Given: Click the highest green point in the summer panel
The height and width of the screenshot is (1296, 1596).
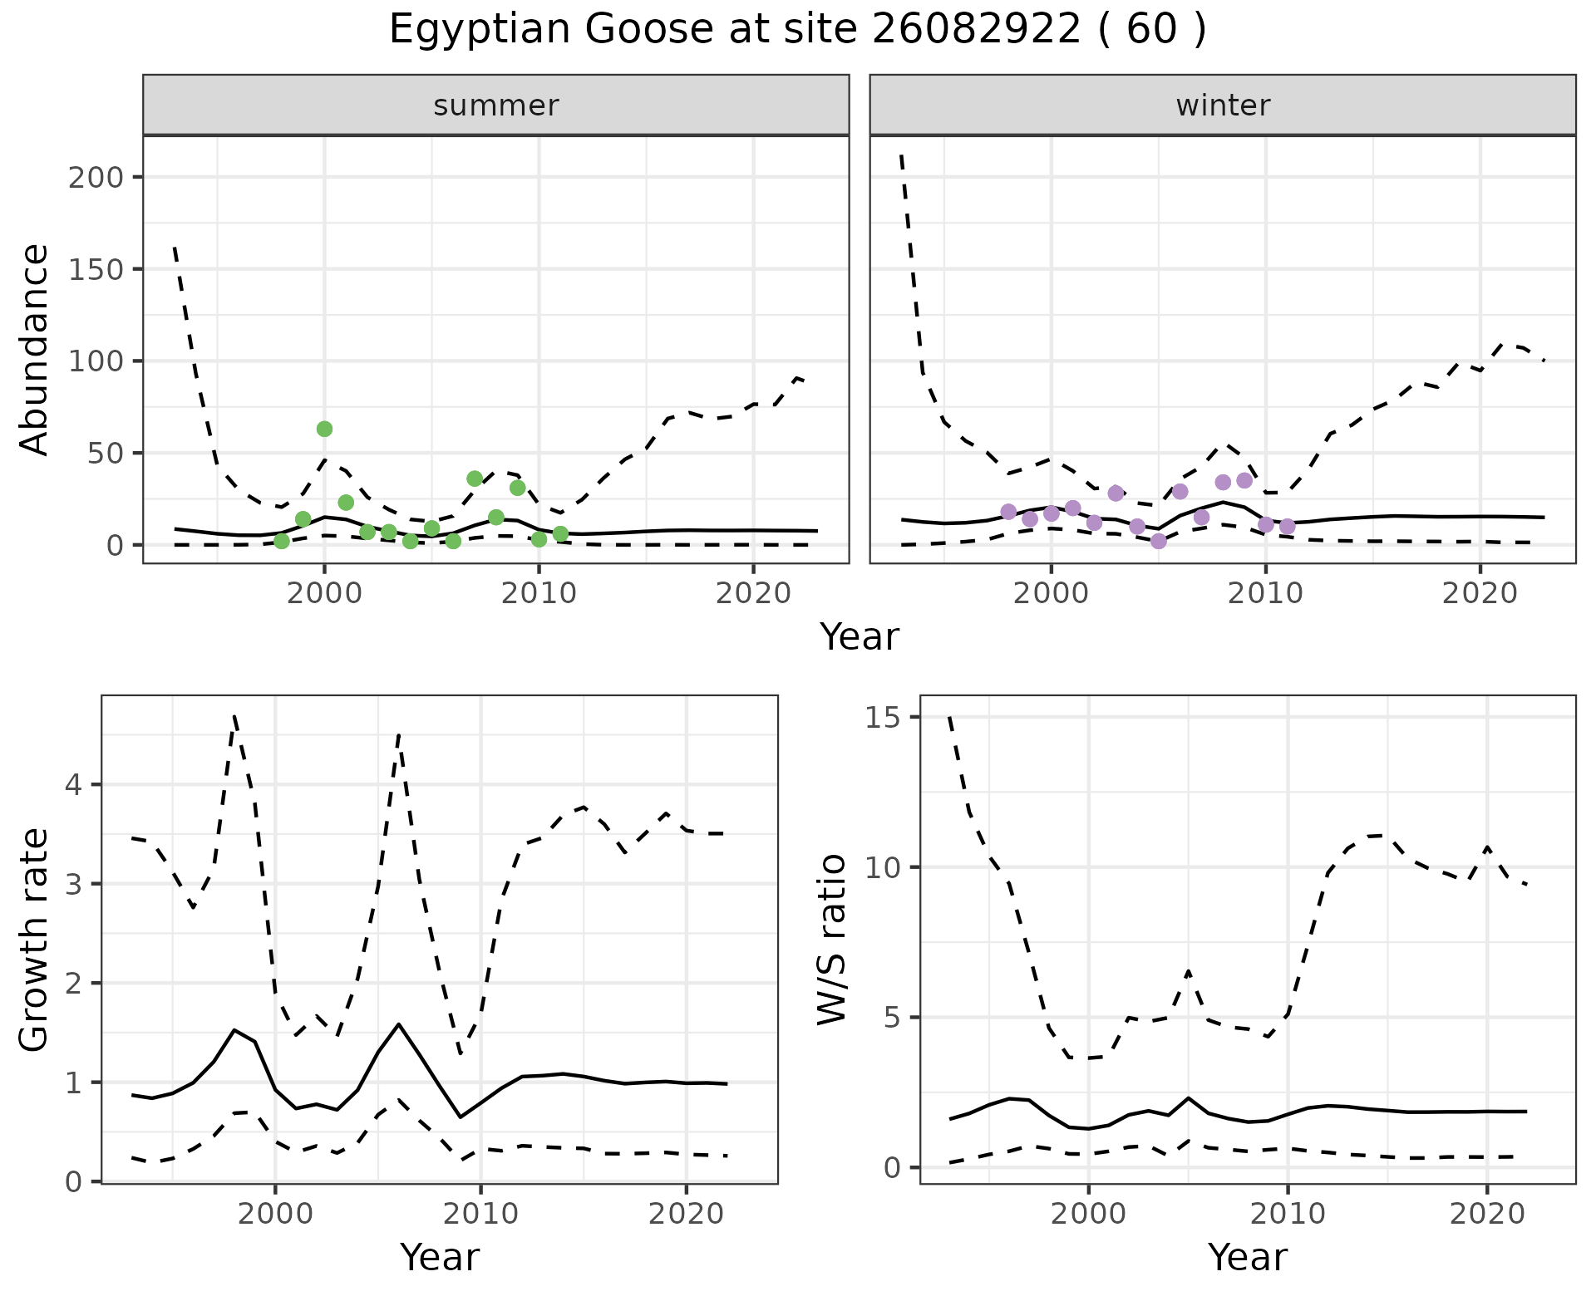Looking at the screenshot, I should (324, 429).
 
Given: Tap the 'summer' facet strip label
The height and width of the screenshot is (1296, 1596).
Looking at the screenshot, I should (496, 106).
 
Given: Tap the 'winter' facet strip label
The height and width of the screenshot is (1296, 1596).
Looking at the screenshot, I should (1223, 106).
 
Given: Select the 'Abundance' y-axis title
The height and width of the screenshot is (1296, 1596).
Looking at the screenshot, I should (35, 349).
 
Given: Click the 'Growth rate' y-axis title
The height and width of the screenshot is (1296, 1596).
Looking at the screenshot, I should (35, 940).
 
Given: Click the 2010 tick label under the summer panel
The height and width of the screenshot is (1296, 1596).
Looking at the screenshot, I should (539, 594).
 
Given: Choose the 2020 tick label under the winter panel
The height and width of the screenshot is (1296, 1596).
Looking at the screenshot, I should (1480, 594).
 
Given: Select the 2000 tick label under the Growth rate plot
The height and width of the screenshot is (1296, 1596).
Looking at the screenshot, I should (276, 1214).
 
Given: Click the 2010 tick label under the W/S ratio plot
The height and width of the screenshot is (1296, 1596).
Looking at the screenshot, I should (1288, 1214).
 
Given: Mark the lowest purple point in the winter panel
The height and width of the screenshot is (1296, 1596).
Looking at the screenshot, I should (1159, 541).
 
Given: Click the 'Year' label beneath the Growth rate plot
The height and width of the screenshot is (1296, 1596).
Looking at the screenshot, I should (440, 1257).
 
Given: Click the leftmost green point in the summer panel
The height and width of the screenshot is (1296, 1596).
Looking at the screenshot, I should (282, 541).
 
